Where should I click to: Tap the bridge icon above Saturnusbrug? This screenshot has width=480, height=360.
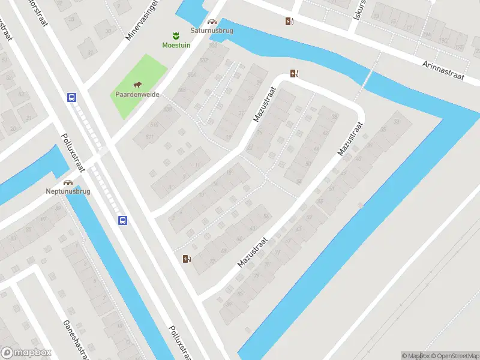[x=211, y=22]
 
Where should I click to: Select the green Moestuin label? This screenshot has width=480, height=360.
[x=175, y=45]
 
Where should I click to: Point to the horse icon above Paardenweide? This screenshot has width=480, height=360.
[x=137, y=85]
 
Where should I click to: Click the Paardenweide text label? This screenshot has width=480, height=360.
[x=137, y=94]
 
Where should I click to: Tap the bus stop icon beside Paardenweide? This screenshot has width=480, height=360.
[x=71, y=97]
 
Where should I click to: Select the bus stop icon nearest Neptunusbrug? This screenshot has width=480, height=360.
[x=122, y=220]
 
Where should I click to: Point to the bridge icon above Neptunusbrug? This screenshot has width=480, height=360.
[x=68, y=182]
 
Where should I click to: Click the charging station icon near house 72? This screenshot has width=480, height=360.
[x=187, y=259]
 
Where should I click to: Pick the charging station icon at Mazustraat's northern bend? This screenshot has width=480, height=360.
[x=294, y=74]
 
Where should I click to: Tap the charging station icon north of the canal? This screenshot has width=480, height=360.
[x=290, y=22]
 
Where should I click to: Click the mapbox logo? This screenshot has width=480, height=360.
[x=26, y=353]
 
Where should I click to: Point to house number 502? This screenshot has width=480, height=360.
[x=203, y=60]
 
